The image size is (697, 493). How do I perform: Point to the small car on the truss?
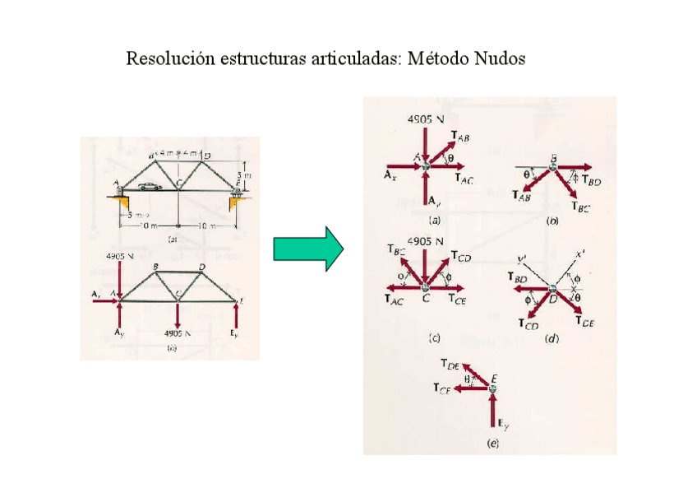click(150, 186)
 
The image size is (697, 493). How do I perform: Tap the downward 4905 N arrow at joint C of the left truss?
click(178, 313)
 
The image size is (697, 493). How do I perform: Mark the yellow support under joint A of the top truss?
click(120, 200)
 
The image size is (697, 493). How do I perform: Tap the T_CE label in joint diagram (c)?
click(457, 301)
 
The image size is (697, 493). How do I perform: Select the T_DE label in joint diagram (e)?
click(450, 363)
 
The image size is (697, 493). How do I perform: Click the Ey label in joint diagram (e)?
click(501, 424)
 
